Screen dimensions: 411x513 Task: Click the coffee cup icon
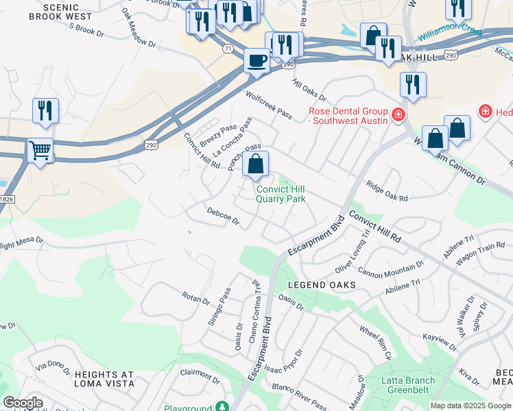coord(257,60)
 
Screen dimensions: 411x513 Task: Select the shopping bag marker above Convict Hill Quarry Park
coord(255,164)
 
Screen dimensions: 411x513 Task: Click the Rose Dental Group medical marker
coord(397,113)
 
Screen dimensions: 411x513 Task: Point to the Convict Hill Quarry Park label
coord(280,195)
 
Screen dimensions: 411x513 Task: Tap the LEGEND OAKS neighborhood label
coord(321,284)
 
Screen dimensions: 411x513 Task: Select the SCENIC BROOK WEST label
coord(67,11)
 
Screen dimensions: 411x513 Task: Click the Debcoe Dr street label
coord(224,216)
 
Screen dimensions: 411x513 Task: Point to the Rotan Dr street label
coord(195,298)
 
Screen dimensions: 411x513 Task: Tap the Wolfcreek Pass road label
coord(269,105)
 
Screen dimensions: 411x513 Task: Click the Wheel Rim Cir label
coord(374,342)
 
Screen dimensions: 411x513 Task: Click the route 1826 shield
coord(6,199)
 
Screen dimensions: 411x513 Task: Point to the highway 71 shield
coord(226,49)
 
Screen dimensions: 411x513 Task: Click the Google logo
coord(23,403)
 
